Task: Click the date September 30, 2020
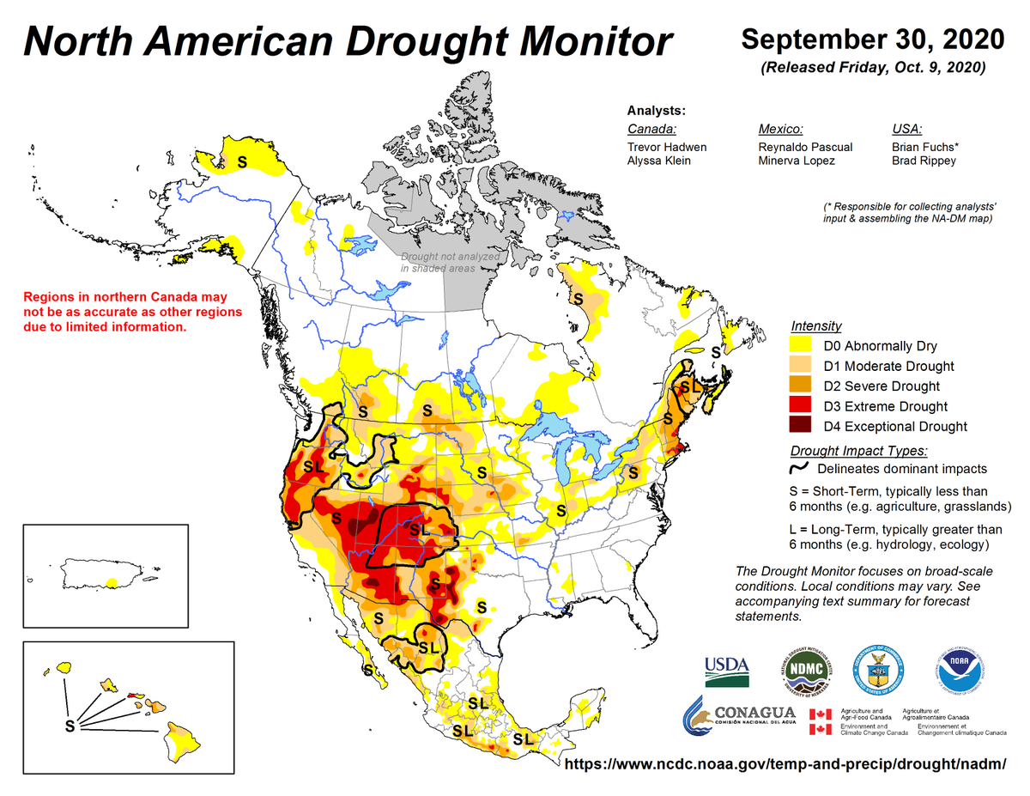click(x=872, y=39)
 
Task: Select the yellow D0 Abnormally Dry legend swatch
click(x=803, y=347)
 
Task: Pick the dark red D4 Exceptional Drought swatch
click(x=803, y=426)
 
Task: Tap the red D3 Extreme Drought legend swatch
click(x=803, y=406)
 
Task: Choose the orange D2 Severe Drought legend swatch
click(x=803, y=386)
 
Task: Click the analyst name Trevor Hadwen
click(x=667, y=147)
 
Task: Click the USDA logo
click(x=727, y=671)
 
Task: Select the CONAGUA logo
click(x=739, y=718)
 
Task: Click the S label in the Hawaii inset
click(x=70, y=726)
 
